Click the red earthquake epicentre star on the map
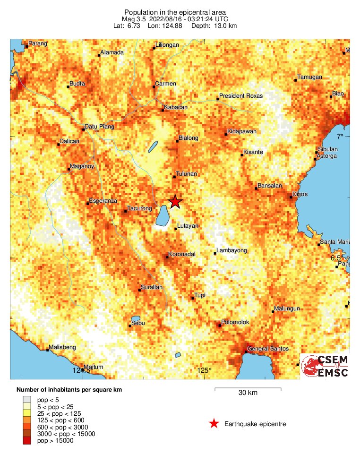tap(175, 202)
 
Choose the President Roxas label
tap(240, 96)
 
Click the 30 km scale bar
tap(248, 389)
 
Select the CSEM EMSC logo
tap(325, 367)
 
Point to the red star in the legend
tap(214, 424)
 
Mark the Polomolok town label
tap(235, 322)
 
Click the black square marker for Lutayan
tap(176, 229)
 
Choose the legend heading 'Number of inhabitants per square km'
tap(66, 390)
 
